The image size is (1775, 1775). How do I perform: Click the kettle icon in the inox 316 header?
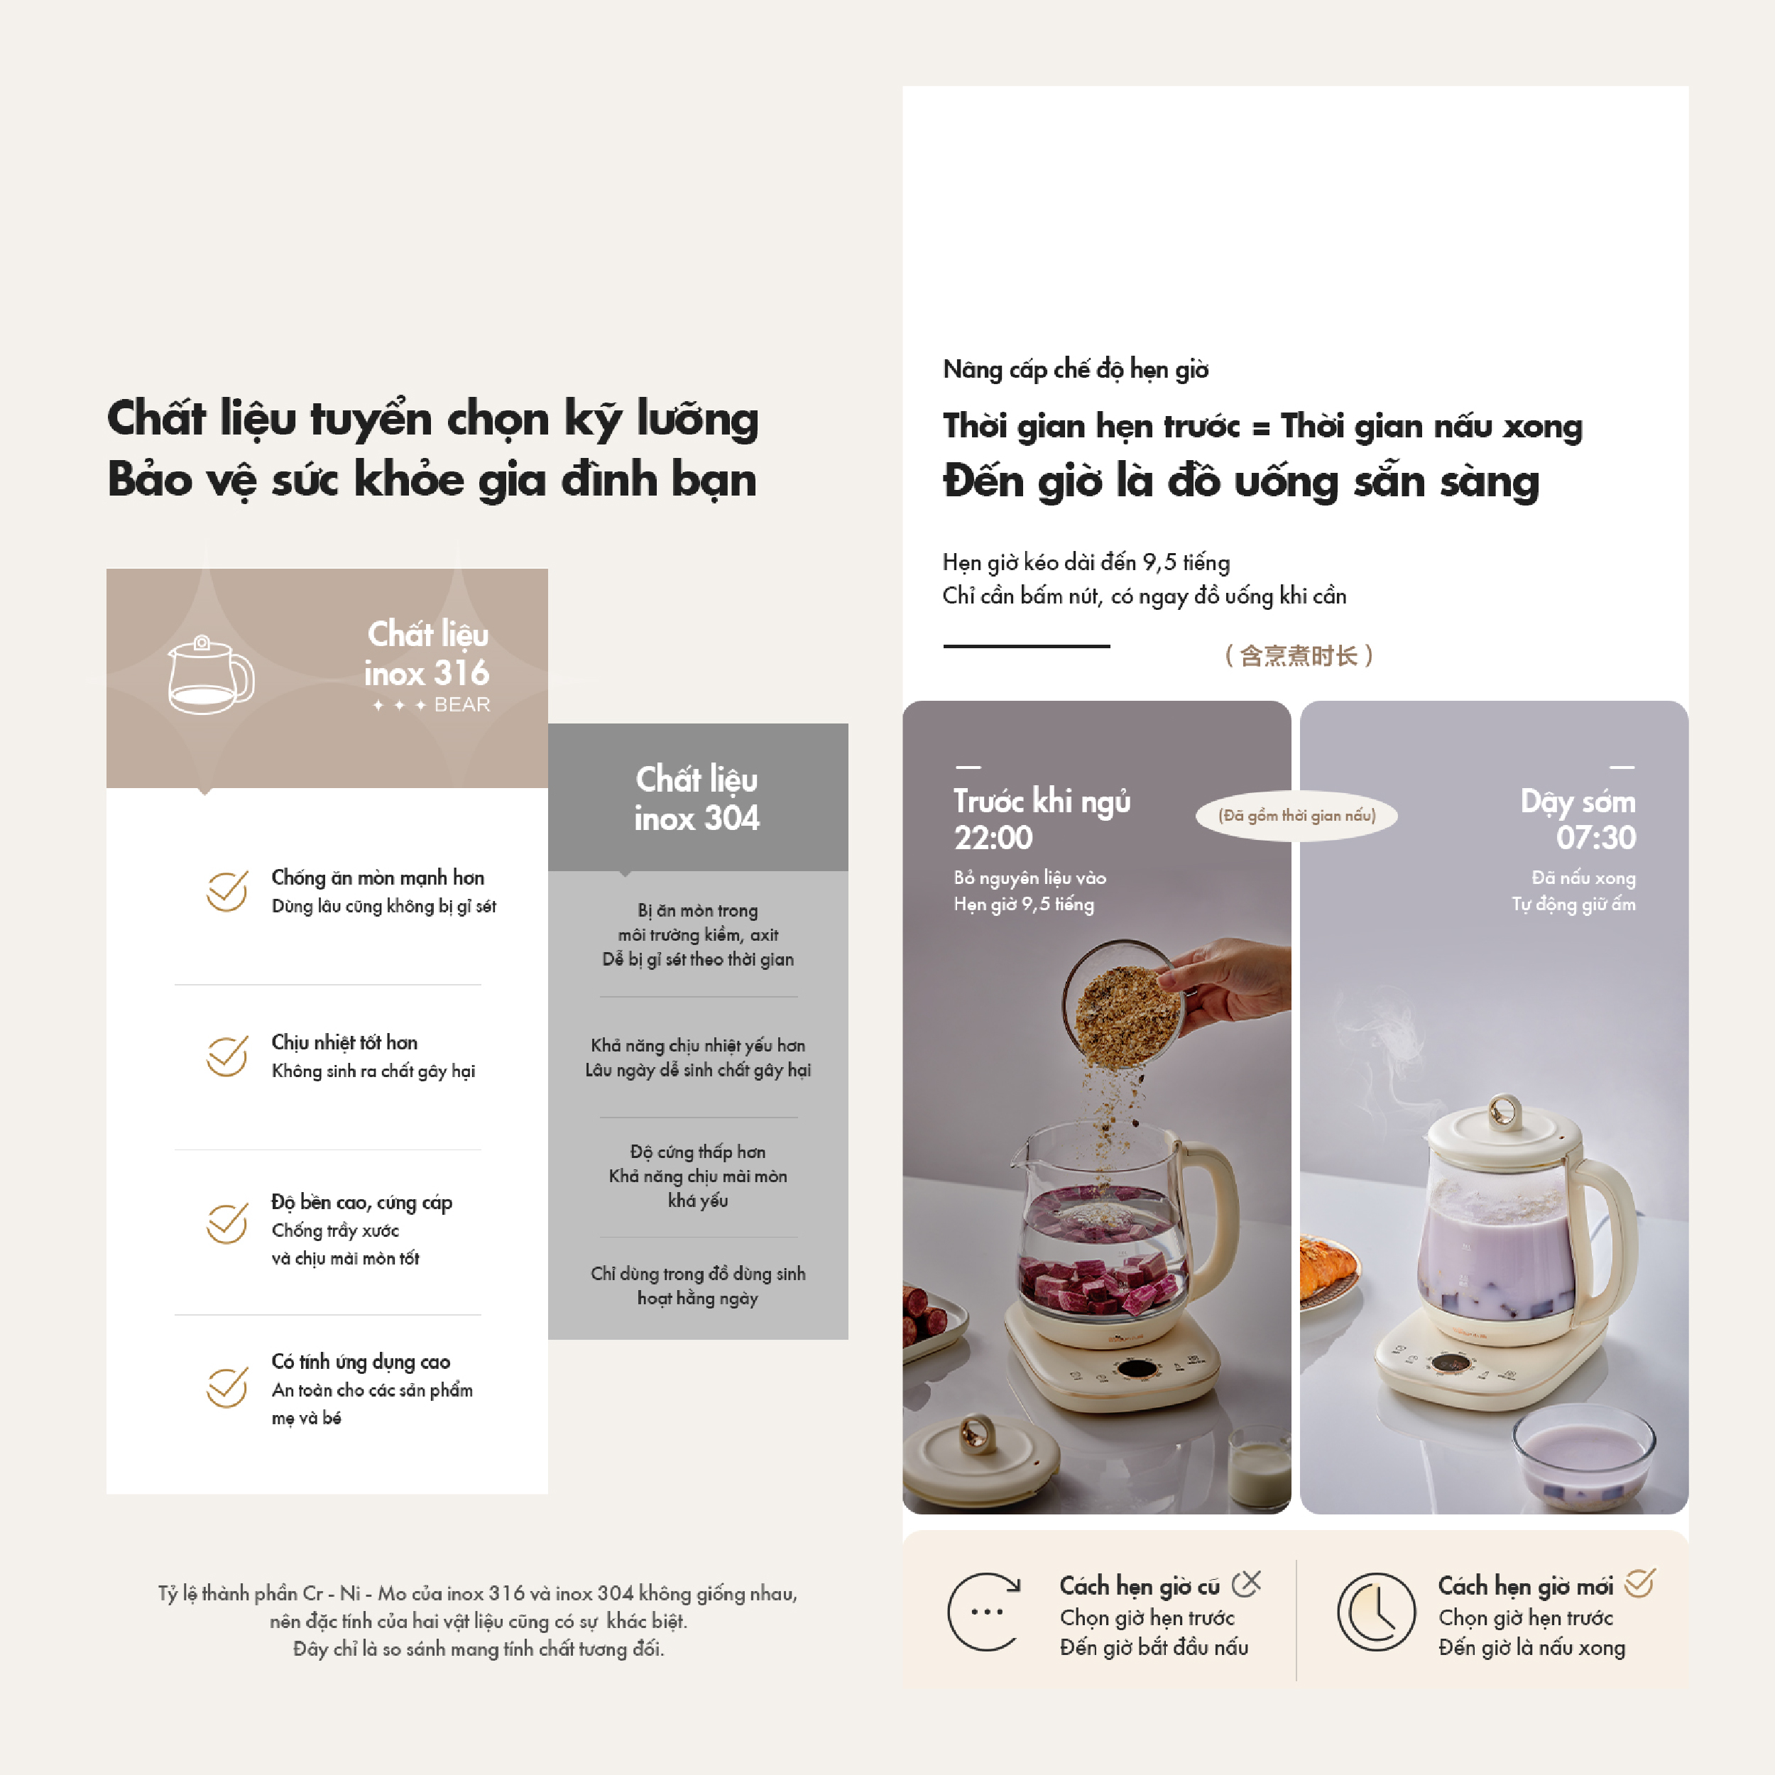pyautogui.click(x=210, y=675)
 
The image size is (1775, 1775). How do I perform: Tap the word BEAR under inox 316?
pyautogui.click(x=462, y=704)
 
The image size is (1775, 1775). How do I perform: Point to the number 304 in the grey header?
pyautogui.click(x=731, y=818)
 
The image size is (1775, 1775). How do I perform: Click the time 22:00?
pyautogui.click(x=993, y=838)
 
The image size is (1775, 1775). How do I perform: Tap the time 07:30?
pyautogui.click(x=1596, y=838)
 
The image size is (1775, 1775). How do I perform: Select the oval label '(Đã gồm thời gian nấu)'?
pyautogui.click(x=1296, y=816)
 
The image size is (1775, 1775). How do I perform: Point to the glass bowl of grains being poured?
pyautogui.click(x=1122, y=1006)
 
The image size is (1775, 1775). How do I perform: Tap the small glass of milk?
pyautogui.click(x=1260, y=1466)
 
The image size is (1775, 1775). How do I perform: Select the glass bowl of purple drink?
pyautogui.click(x=1584, y=1460)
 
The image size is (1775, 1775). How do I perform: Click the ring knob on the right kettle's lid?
pyautogui.click(x=1504, y=1113)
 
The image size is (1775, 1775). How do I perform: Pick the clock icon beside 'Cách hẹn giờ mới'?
pyautogui.click(x=1375, y=1612)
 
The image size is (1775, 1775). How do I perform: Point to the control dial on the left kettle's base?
pyautogui.click(x=1137, y=1370)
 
